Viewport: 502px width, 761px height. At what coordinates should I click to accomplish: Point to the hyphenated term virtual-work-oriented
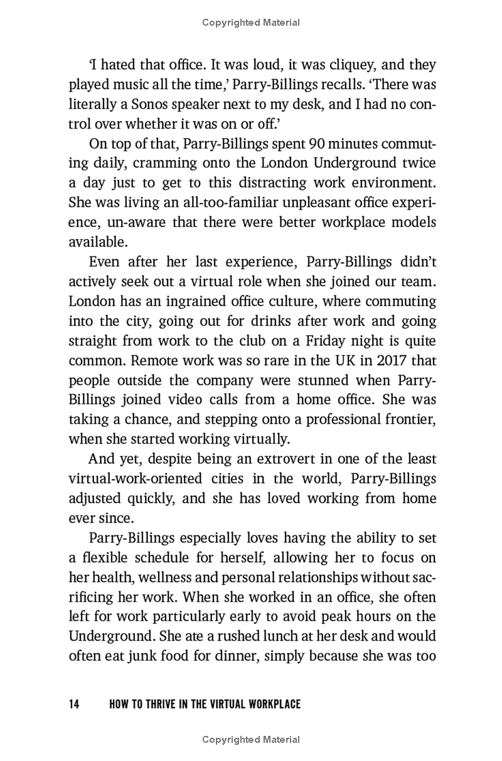(x=136, y=479)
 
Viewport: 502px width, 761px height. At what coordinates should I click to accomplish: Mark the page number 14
(x=74, y=705)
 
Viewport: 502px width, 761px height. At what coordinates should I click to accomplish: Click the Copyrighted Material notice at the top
(x=251, y=23)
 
